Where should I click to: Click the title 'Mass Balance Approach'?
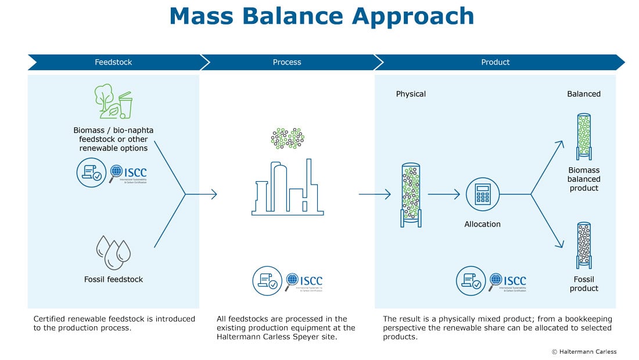[321, 16]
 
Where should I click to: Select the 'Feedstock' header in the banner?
[113, 62]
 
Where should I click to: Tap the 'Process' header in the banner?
[287, 62]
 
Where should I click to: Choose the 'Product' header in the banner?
[495, 62]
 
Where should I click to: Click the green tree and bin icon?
[114, 102]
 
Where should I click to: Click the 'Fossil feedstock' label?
[113, 279]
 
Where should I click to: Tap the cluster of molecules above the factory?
[288, 138]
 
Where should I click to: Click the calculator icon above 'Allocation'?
[482, 195]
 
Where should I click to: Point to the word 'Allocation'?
[482, 224]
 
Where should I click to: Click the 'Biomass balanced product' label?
[584, 179]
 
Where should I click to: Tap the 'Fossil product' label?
[584, 284]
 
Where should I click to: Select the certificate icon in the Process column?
[267, 281]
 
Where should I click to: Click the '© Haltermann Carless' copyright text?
[584, 351]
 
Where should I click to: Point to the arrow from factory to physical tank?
[375, 195]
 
